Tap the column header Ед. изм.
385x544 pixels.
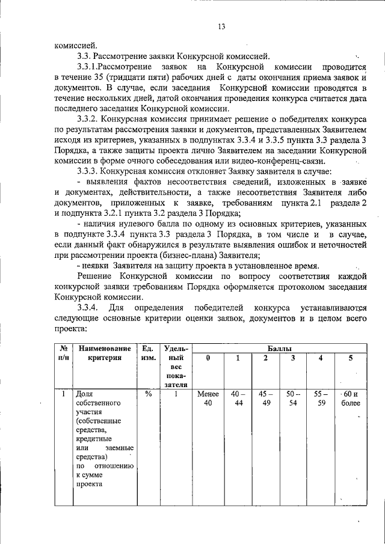pyautogui.click(x=147, y=353)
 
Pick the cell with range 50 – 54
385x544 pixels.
pyautogui.click(x=293, y=399)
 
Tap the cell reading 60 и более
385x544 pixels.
pyautogui.click(x=351, y=399)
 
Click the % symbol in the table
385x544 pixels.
pyautogui.click(x=147, y=395)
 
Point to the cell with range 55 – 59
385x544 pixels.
pyautogui.click(x=321, y=399)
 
